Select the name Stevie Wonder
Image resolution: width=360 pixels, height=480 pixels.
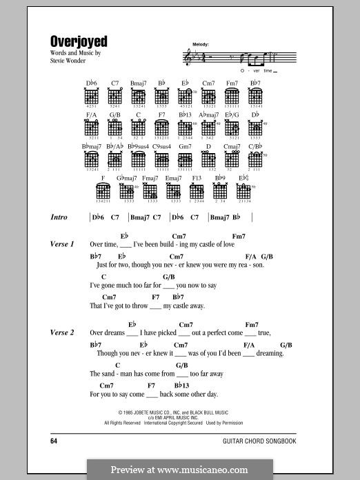[x=72, y=60]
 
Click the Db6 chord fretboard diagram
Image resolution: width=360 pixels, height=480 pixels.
[x=92, y=98]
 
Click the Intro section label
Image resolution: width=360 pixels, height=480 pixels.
[x=59, y=217]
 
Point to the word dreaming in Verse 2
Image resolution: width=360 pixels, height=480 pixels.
[x=270, y=353]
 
